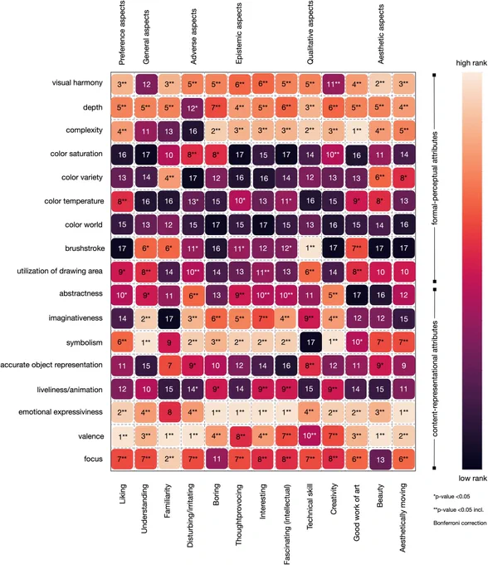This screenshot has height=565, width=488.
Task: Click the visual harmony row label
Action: point(77,83)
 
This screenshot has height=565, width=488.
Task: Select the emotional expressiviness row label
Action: point(61,412)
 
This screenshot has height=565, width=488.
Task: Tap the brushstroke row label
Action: point(85,248)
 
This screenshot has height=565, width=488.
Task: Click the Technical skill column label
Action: point(310,506)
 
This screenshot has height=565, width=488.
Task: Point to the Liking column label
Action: point(122,494)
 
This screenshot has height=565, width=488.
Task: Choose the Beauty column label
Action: point(380,496)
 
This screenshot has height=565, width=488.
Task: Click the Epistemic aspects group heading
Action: point(238,33)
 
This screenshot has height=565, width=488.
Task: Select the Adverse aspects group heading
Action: point(193,37)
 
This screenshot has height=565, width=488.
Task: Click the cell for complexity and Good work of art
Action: point(356,130)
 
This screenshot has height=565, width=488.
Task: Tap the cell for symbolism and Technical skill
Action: point(310,342)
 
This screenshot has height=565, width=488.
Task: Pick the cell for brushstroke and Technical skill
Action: point(310,248)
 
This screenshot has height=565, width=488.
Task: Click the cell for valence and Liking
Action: point(122,435)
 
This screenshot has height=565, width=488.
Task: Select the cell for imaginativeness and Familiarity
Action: point(168,318)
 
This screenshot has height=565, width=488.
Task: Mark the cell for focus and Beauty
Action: point(380,459)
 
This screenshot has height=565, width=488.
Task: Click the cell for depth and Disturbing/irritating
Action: point(193,108)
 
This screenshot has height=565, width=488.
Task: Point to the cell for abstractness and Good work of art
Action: point(356,295)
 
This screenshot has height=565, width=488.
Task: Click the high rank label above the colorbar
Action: point(471,63)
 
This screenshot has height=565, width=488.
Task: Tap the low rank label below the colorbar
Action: point(472,478)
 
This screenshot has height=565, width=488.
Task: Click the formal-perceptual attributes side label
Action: point(435,178)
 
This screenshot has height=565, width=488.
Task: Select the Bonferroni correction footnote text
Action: point(460,523)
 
